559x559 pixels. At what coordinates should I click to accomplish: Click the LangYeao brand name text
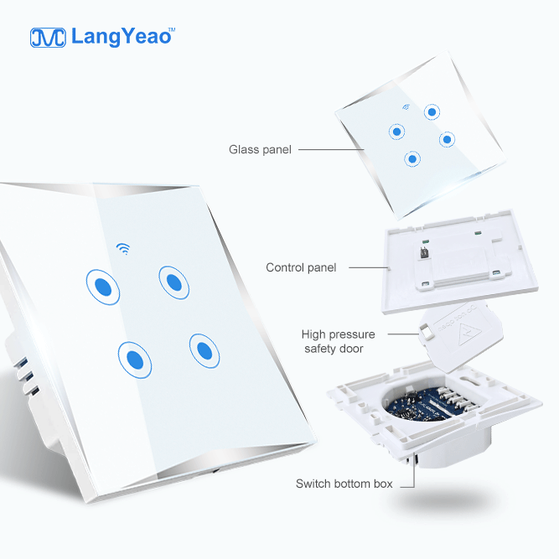pos(121,37)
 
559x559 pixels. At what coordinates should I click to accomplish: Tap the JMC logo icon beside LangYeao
pos(48,38)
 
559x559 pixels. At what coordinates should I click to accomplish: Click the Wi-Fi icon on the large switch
pos(123,248)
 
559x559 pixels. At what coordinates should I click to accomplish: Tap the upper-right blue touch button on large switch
pos(174,282)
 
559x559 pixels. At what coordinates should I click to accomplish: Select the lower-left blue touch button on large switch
pos(135,360)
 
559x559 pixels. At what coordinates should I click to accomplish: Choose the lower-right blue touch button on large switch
pos(204,351)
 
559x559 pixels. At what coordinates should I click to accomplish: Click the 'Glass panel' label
pos(260,149)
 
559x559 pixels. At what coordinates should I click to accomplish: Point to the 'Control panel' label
pos(301,267)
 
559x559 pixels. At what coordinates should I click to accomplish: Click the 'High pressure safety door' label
pos(338,342)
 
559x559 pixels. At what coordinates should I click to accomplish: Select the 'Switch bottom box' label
pos(344,484)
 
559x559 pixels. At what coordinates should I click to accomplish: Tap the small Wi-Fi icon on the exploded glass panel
pos(406,106)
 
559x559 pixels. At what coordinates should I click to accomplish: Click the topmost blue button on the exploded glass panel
pos(432,112)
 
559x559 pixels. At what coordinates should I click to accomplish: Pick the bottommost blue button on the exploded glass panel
pos(412,158)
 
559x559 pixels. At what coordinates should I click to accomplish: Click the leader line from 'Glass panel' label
pos(331,149)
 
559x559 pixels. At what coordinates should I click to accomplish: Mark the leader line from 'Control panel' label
pos(369,267)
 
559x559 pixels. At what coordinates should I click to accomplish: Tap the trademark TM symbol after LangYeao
pos(172,29)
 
